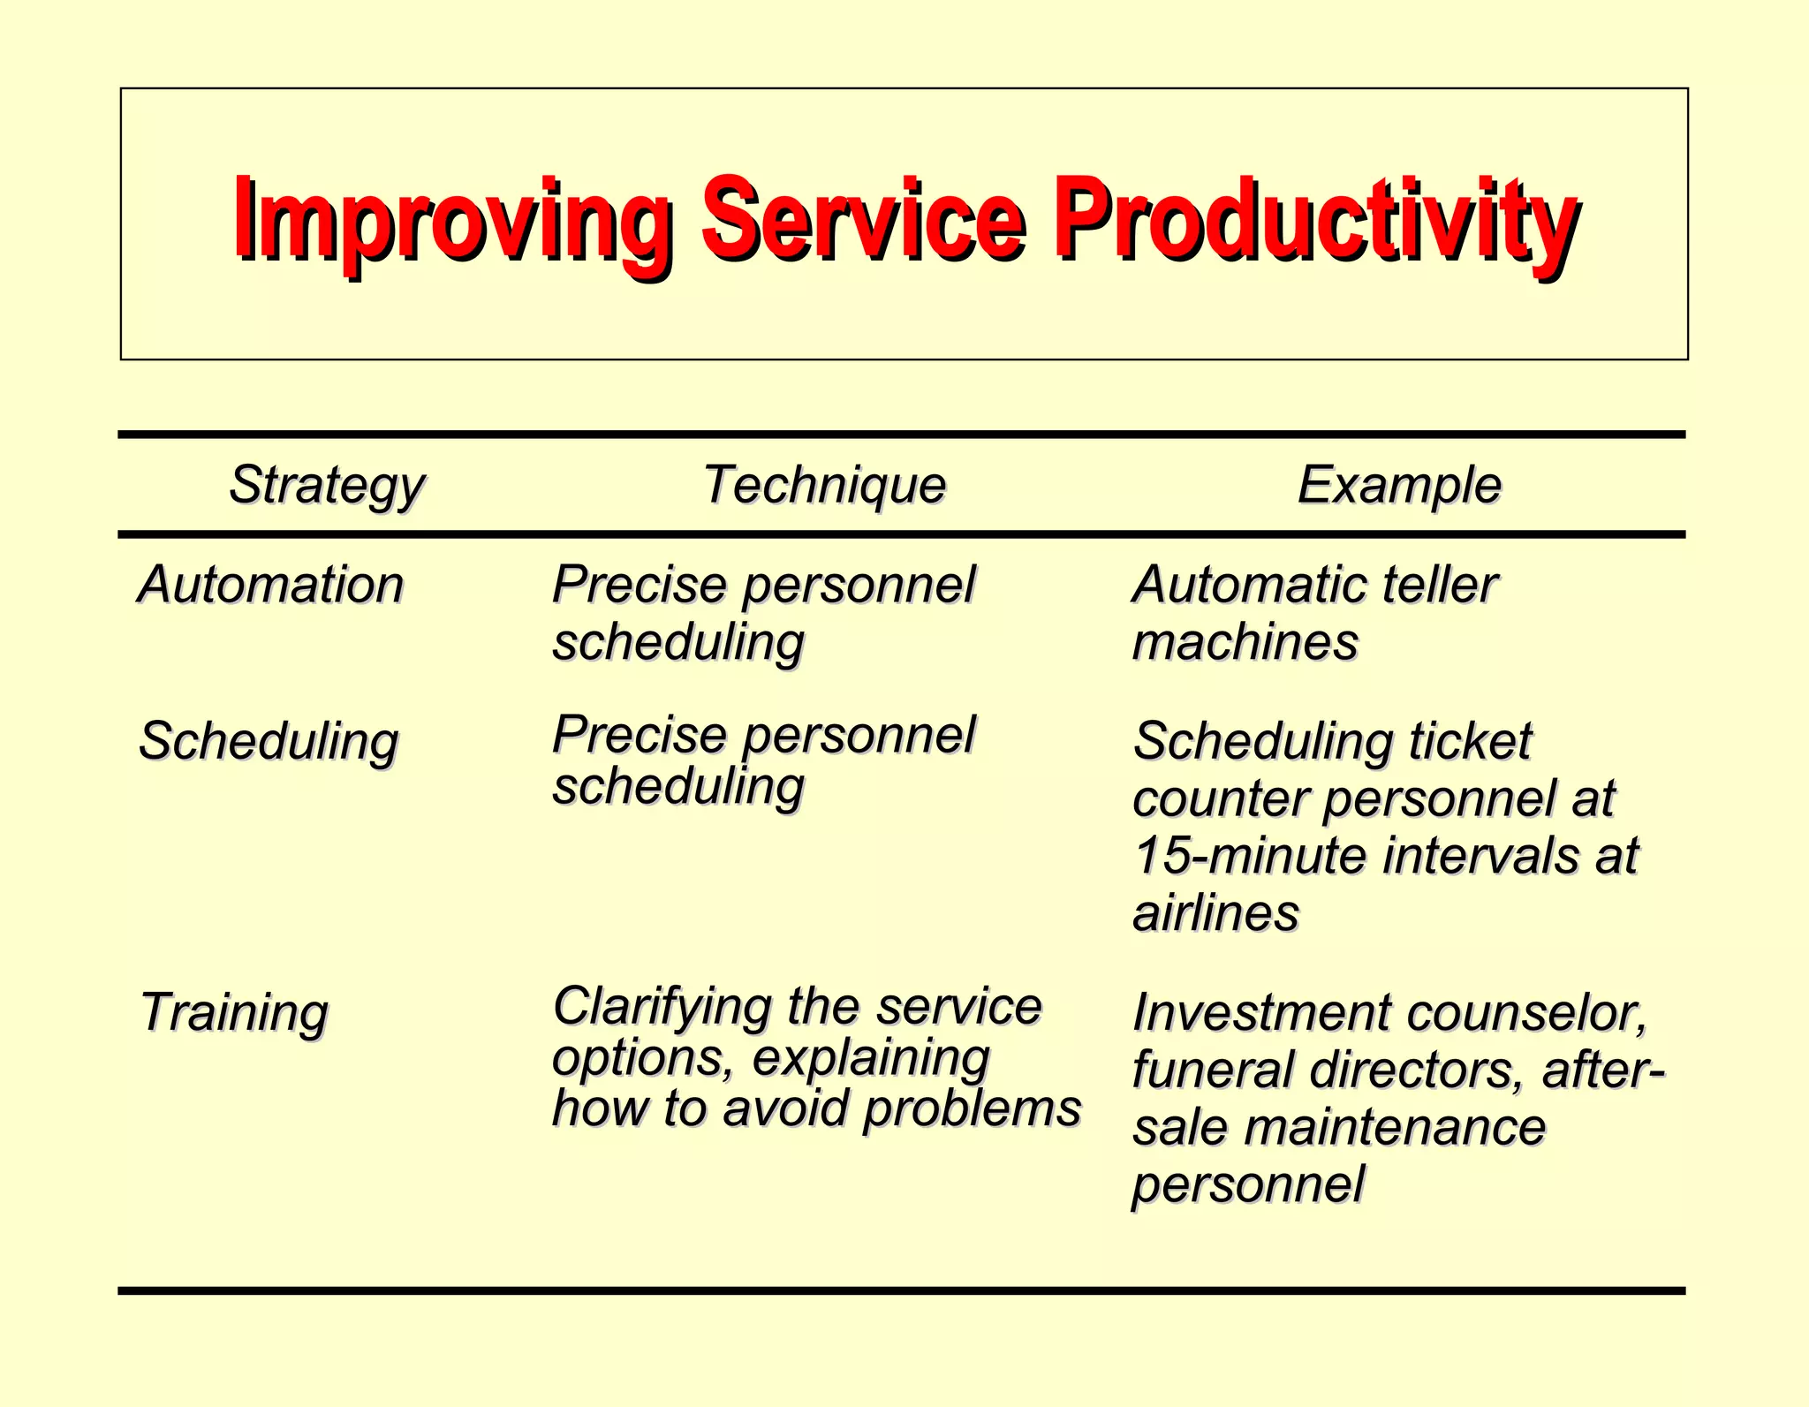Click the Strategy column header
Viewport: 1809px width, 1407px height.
[x=326, y=485]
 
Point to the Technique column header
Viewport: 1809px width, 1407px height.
[x=824, y=485]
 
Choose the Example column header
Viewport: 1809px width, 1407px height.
[x=1399, y=485]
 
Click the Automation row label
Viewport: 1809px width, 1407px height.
[x=270, y=585]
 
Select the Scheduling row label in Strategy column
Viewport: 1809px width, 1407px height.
[x=269, y=741]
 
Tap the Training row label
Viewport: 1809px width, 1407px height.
[x=234, y=1012]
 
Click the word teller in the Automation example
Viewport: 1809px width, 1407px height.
[x=1438, y=585]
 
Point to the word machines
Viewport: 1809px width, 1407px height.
[x=1245, y=642]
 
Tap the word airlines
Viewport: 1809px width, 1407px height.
[x=1215, y=913]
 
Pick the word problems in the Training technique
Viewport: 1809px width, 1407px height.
[x=972, y=1108]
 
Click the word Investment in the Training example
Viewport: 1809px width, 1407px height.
[x=1264, y=1012]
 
